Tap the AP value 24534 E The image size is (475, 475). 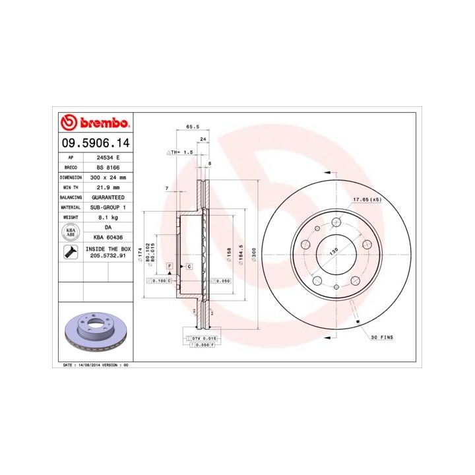[x=106, y=158]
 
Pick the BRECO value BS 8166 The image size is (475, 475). [x=106, y=168]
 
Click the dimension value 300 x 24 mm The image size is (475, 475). [x=106, y=178]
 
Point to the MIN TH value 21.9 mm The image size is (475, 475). [x=106, y=187]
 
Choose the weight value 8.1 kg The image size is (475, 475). [x=106, y=216]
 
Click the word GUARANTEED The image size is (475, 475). [x=106, y=197]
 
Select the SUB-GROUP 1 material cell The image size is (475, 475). [x=106, y=206]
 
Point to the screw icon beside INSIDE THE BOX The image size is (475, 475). [x=69, y=251]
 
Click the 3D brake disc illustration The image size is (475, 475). [x=96, y=332]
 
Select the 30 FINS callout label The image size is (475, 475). [x=381, y=337]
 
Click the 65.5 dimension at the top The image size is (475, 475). [x=193, y=126]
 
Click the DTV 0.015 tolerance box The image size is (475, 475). [x=203, y=338]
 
